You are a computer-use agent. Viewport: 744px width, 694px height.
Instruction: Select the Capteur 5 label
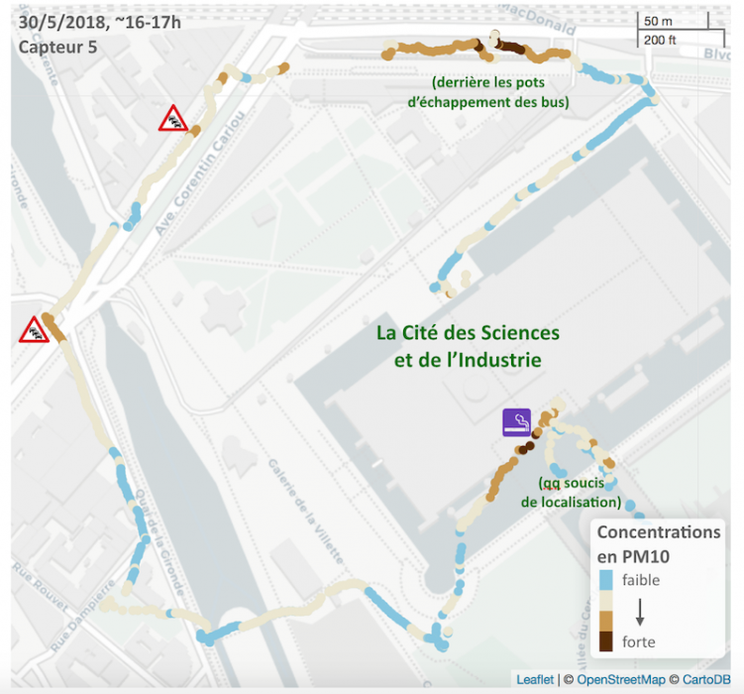click(57, 47)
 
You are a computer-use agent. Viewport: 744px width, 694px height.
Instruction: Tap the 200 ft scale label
click(659, 40)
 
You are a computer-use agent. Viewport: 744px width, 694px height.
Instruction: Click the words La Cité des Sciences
click(468, 332)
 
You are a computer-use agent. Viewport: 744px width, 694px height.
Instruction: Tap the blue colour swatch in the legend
click(605, 580)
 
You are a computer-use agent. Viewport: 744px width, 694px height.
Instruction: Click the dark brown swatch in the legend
click(605, 641)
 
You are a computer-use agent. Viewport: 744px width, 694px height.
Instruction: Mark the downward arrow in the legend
click(639, 610)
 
